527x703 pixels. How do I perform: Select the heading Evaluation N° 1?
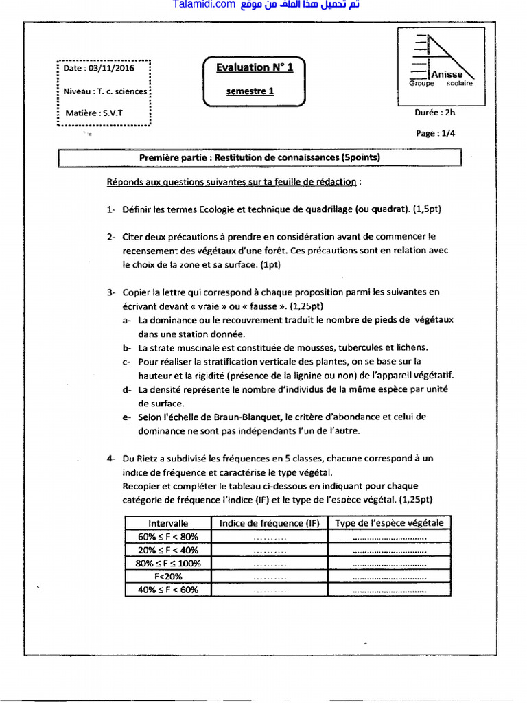[x=254, y=67]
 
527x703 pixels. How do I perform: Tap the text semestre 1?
[x=250, y=91]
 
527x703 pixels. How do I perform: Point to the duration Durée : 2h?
[x=434, y=113]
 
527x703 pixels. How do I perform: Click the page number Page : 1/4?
[x=435, y=134]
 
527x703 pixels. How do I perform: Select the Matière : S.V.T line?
[x=94, y=113]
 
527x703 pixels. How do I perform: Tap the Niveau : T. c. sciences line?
[x=105, y=91]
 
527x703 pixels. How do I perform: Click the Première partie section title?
[x=259, y=157]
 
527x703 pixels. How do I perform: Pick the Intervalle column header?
[x=168, y=523]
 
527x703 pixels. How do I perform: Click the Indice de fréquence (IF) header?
[x=270, y=523]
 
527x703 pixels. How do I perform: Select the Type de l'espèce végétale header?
[x=389, y=523]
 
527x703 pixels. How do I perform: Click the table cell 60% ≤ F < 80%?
[x=168, y=537]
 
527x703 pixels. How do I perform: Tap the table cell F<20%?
[x=168, y=577]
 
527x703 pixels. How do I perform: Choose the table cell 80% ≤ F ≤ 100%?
[x=168, y=564]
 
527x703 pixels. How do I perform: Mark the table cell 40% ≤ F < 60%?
[x=168, y=590]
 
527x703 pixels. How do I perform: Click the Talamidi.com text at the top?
[x=204, y=5]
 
